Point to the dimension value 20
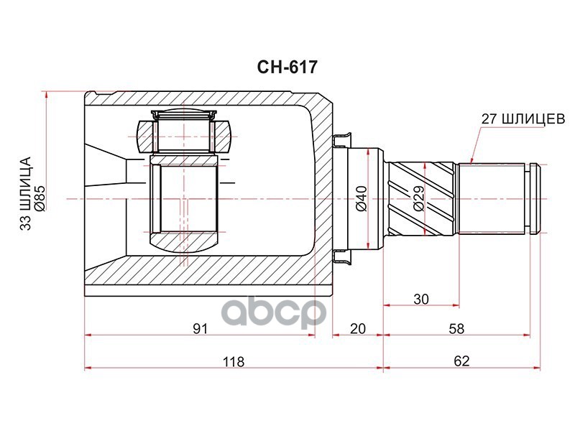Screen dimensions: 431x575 (x=357, y=329)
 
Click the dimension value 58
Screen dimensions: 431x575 (x=456, y=329)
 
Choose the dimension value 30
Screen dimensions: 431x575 (x=421, y=298)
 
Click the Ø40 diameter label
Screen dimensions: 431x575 (x=362, y=198)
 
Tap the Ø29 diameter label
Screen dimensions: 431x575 (x=419, y=198)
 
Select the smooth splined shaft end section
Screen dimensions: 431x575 (x=492, y=198)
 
